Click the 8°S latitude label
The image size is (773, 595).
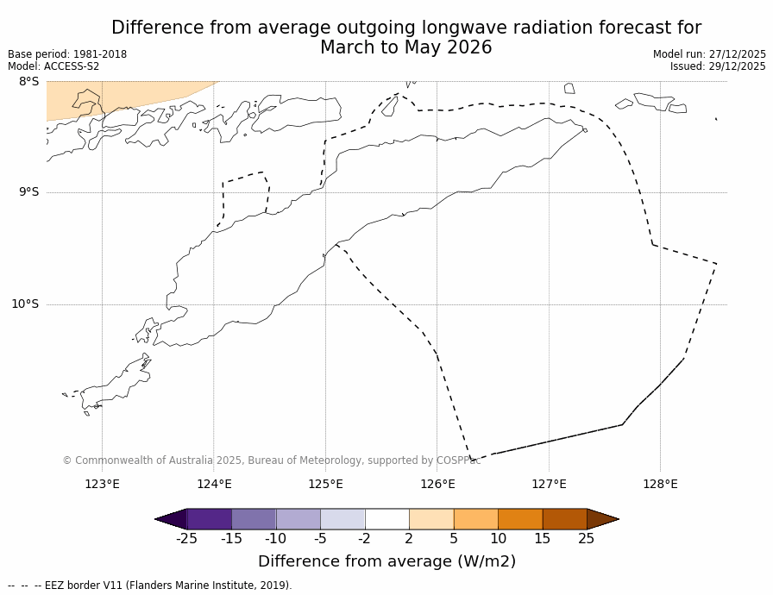click(x=28, y=82)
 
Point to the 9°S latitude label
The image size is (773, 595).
click(x=28, y=192)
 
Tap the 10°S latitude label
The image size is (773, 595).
click(x=25, y=304)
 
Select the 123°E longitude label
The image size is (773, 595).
click(x=102, y=484)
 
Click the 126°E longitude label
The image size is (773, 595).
click(x=437, y=484)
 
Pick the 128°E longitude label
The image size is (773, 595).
click(x=660, y=484)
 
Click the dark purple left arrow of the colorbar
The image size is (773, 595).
click(x=172, y=519)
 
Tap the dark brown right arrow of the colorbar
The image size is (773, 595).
click(x=602, y=519)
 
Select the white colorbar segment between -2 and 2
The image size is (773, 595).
click(x=386, y=519)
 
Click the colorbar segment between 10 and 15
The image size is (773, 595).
click(x=520, y=519)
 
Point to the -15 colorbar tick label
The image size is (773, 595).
click(x=231, y=539)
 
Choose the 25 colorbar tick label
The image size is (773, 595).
click(x=586, y=539)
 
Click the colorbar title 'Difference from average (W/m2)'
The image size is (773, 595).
click(x=386, y=561)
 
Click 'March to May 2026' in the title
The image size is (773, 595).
click(x=405, y=48)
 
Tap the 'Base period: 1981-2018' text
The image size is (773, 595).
click(x=67, y=54)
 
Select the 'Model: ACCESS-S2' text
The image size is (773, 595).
click(x=53, y=66)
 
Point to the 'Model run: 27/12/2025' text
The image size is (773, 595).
click(x=709, y=54)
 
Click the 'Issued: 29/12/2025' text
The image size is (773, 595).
click(x=718, y=66)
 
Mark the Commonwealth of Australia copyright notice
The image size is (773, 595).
click(x=271, y=460)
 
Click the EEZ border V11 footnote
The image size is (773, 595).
click(x=150, y=586)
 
